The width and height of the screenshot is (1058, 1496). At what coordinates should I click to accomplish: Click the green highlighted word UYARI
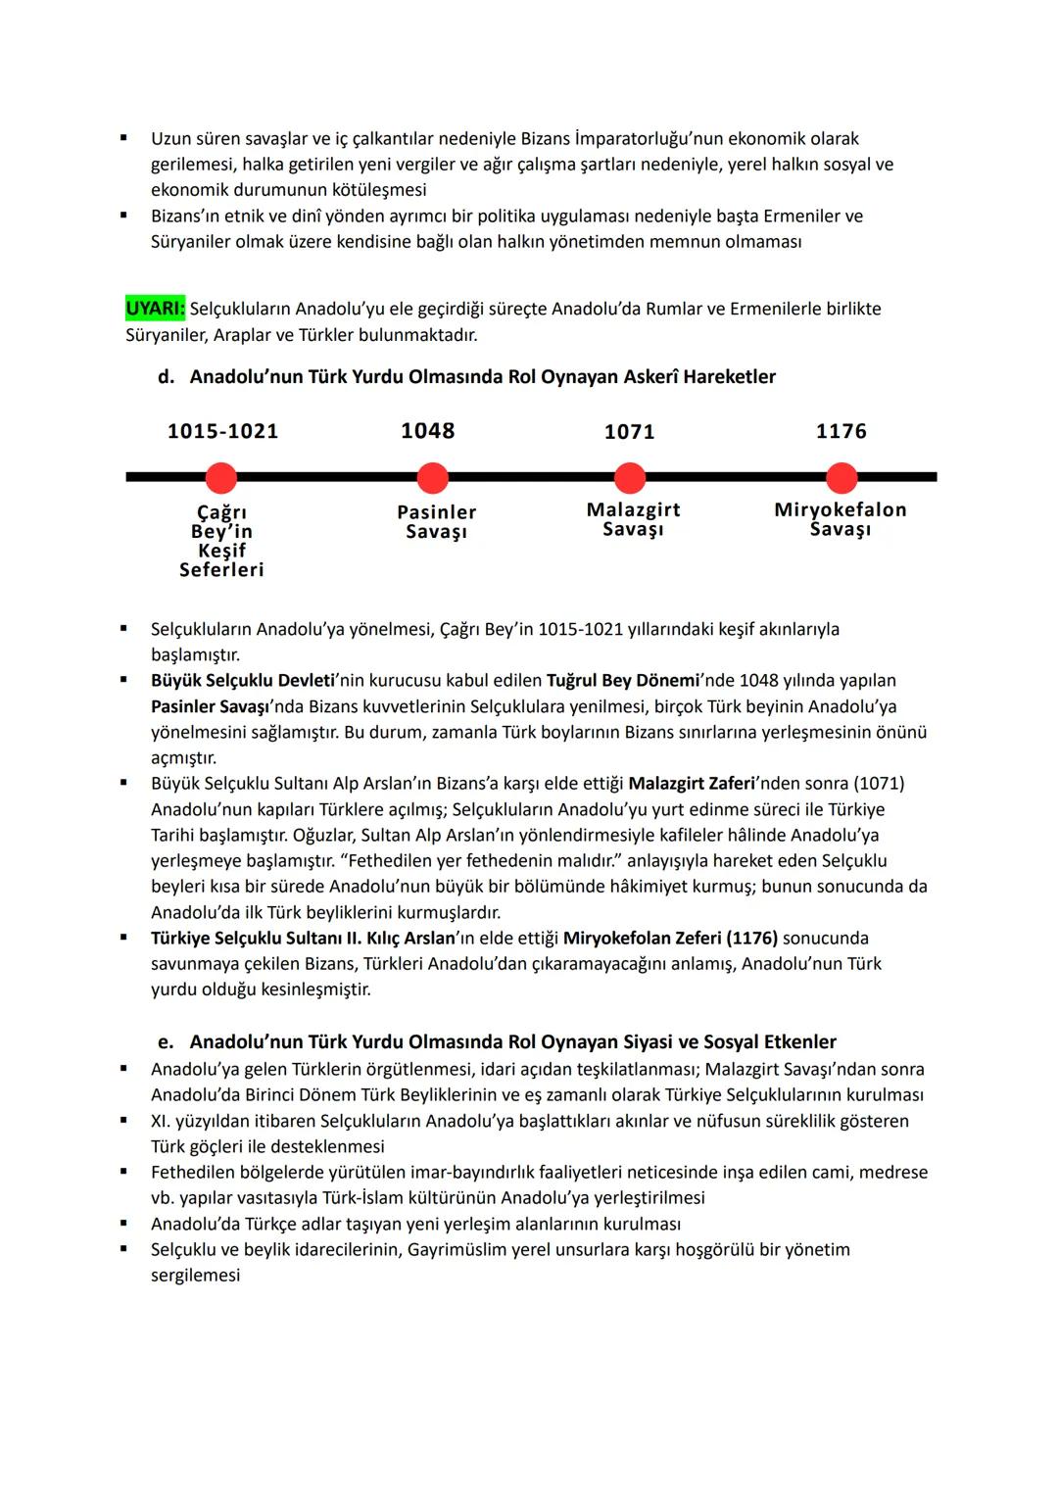tap(155, 309)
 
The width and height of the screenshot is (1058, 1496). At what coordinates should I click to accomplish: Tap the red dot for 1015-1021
tap(221, 478)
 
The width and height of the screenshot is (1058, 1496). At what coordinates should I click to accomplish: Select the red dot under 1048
tap(432, 478)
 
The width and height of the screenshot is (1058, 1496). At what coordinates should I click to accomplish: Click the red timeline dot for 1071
tap(630, 478)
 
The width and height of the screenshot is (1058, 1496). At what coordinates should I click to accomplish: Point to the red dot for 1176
tap(842, 478)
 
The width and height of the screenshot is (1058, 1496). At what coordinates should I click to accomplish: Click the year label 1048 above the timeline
tap(428, 431)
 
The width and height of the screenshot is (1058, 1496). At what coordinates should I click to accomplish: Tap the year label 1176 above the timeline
tap(842, 431)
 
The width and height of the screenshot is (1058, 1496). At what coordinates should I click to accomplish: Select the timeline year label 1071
tap(630, 432)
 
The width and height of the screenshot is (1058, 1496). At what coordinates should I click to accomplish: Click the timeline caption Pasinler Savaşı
tap(437, 521)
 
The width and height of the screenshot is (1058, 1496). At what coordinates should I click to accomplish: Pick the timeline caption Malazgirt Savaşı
tap(633, 519)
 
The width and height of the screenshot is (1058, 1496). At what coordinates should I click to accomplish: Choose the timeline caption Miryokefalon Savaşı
tap(841, 519)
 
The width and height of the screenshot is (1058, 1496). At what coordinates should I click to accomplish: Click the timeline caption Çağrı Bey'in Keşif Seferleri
tap(221, 541)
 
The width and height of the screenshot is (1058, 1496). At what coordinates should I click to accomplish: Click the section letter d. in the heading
tap(166, 377)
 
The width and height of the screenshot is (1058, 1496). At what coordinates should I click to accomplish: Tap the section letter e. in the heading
tap(166, 1042)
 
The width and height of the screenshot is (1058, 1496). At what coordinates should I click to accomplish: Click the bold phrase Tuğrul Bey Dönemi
tap(623, 681)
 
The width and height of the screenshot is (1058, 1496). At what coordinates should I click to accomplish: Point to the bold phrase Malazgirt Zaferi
tap(692, 784)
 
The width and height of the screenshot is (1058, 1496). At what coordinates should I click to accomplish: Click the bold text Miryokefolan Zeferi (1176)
tap(670, 939)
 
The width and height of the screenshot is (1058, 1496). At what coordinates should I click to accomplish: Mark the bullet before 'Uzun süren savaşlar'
tap(123, 138)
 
